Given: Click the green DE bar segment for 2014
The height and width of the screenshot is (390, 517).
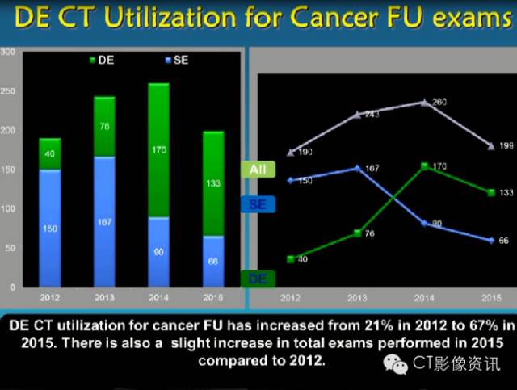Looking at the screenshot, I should [x=158, y=149].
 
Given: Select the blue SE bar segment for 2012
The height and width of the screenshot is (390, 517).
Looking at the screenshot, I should [x=49, y=228].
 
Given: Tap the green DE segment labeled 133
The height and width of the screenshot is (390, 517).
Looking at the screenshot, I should [x=212, y=183].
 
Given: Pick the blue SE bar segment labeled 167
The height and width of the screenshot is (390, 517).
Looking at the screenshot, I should [x=103, y=222].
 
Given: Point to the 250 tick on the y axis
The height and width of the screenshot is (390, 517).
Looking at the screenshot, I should [x=10, y=91].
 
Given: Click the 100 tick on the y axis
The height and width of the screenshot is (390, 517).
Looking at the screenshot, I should [x=10, y=208].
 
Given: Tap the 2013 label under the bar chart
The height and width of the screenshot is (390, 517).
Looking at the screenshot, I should [x=103, y=297].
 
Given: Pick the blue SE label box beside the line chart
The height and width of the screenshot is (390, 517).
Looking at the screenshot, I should [x=258, y=205].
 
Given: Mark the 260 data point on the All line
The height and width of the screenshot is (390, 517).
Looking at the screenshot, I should [x=425, y=102].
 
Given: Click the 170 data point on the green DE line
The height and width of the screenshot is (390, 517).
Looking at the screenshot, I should [x=424, y=166].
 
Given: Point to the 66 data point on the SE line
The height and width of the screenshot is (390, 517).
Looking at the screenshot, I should [x=490, y=241].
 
